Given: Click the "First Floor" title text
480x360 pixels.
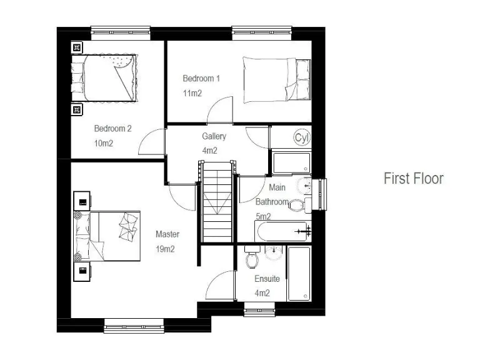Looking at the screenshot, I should (x=413, y=178).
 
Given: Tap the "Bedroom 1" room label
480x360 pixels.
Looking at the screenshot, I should (x=201, y=79).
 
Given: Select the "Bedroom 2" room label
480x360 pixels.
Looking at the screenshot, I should (x=112, y=129).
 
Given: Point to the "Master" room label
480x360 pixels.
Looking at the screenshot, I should (x=167, y=234).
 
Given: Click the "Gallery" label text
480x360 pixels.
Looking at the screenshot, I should (x=214, y=136).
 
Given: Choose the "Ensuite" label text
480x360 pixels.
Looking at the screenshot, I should (x=267, y=279).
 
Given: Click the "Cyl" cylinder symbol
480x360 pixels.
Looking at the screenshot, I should (x=302, y=137).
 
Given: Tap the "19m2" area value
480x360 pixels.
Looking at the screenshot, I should (x=166, y=249).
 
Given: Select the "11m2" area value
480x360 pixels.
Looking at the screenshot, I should (x=192, y=93).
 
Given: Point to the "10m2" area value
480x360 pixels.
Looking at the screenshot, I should (x=104, y=143).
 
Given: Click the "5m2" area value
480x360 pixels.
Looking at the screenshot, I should (x=263, y=216).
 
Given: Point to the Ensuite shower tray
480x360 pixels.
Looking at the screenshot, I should (x=299, y=272).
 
